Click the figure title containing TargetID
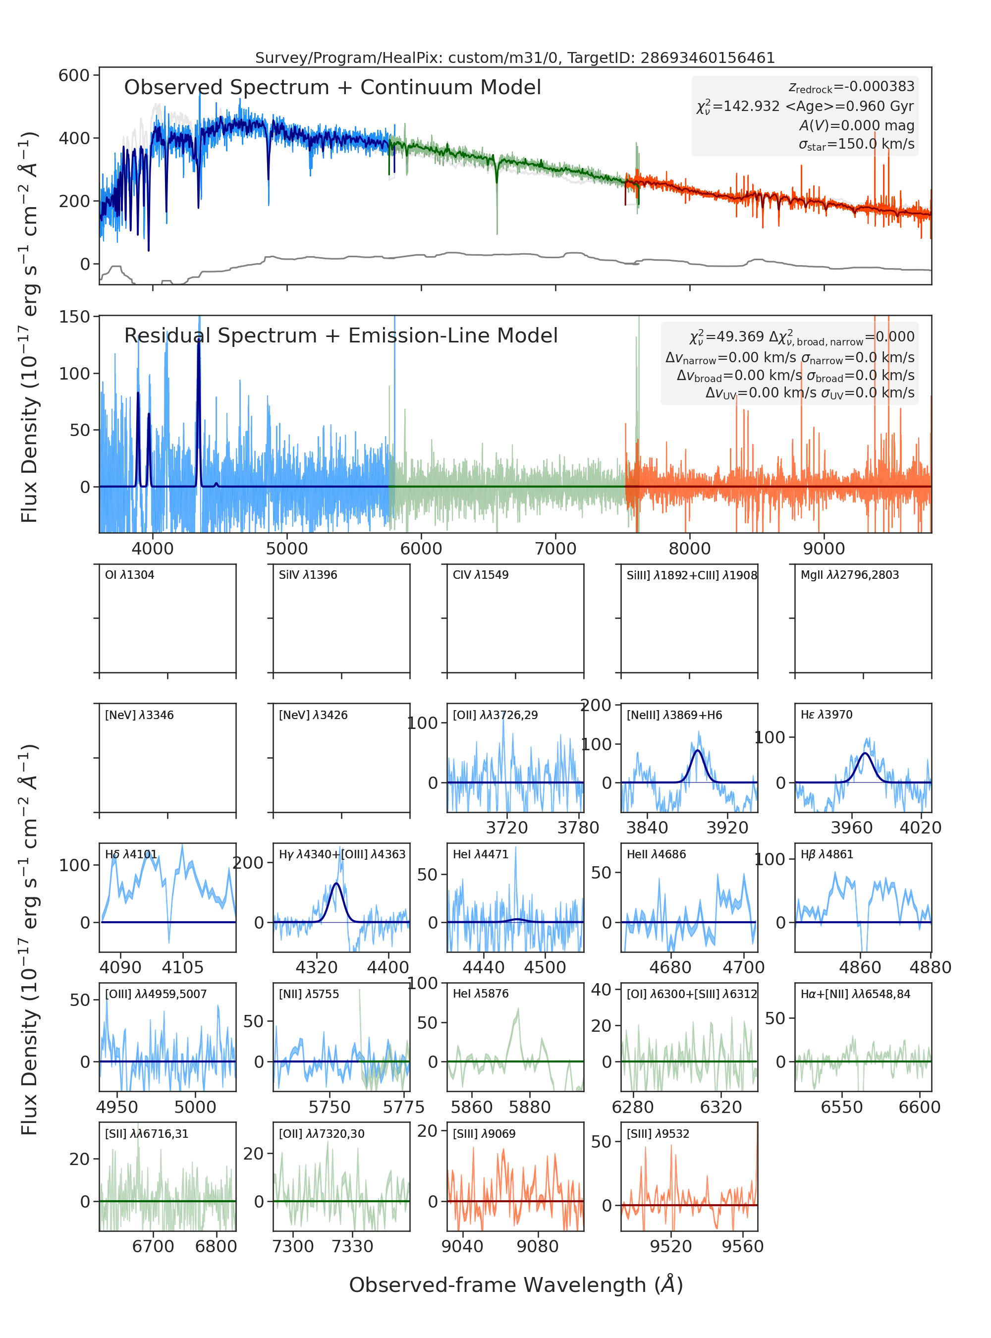515,57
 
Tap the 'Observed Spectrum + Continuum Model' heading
332,88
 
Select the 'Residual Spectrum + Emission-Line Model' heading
341,336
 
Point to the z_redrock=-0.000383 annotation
851,87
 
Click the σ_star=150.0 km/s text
857,144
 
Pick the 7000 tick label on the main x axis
555,549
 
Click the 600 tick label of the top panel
74,76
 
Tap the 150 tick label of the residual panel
74,317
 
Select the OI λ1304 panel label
130,575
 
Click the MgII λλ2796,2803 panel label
850,575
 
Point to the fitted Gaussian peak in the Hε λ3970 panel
865,753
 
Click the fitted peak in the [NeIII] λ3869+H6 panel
697,751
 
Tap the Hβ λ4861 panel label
826,854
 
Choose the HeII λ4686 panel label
656,854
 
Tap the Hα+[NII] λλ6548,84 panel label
855,994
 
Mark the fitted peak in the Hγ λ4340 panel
336,884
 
